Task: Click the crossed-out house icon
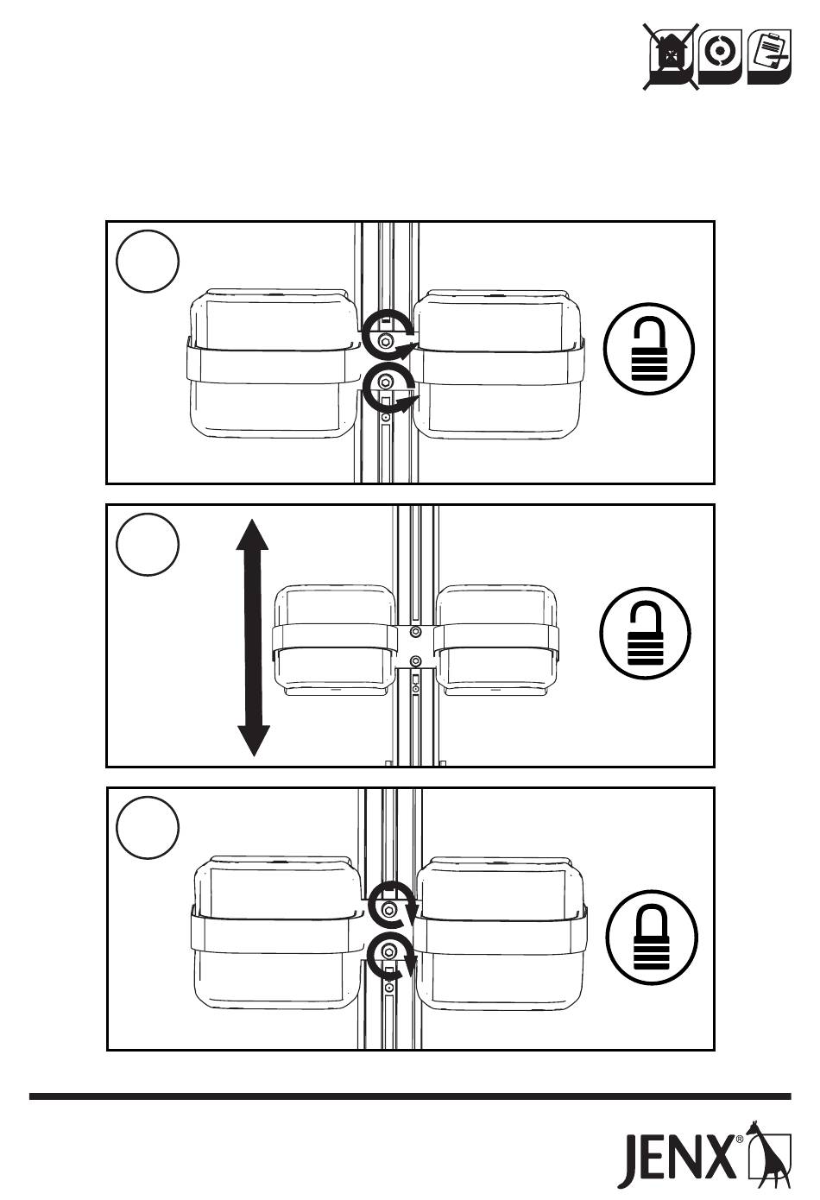[671, 57]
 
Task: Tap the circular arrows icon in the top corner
[721, 56]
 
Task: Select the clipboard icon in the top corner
[769, 56]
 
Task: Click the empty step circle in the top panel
[148, 262]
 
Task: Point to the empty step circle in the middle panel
[148, 544]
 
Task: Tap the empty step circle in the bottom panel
[148, 827]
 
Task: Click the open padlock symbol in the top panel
[648, 349]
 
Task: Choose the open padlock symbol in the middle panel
[645, 633]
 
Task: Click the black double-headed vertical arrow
[253, 637]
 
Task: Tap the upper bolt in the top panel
[385, 341]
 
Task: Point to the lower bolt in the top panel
[385, 382]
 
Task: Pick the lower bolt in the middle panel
[415, 660]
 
